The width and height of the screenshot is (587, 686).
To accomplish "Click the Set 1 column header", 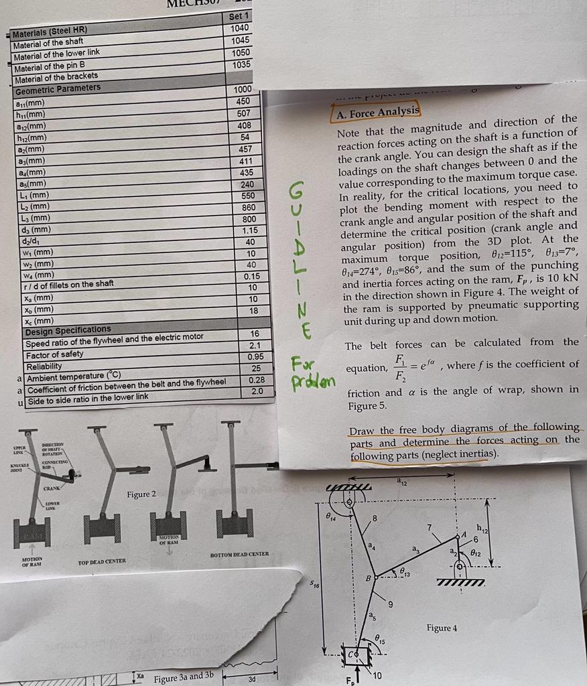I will (239, 15).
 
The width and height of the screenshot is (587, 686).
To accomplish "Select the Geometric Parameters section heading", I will (58, 88).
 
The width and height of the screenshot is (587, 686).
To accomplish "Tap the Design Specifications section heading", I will (68, 330).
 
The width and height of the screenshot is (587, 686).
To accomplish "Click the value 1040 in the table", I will (239, 27).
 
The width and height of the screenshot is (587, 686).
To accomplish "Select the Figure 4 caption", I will (442, 628).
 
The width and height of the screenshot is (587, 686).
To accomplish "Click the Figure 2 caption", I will (141, 494).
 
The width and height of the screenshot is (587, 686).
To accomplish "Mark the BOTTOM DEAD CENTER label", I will (239, 554).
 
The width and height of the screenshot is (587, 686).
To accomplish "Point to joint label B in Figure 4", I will (368, 577).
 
